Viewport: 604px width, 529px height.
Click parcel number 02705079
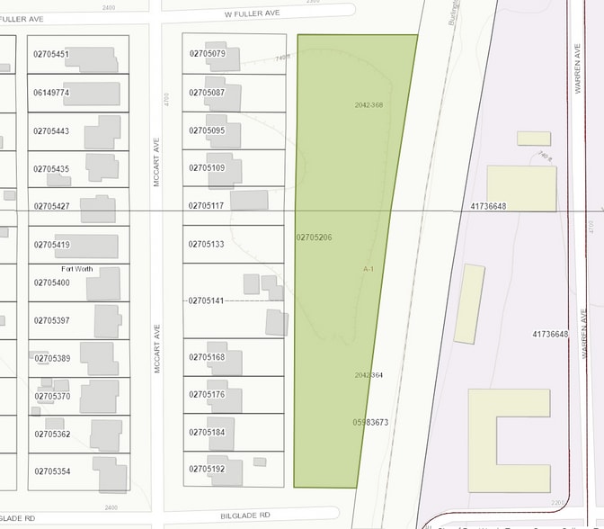[207, 54]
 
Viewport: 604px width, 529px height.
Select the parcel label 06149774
[51, 93]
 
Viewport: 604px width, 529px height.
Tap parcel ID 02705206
[314, 238]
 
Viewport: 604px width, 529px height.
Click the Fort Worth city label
[76, 269]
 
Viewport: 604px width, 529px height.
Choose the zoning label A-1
[369, 269]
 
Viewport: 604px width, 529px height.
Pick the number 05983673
[370, 422]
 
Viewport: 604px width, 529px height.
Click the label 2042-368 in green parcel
[369, 105]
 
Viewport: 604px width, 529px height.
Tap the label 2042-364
[369, 375]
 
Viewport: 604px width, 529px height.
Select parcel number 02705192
[207, 469]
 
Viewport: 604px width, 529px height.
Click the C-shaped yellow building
[509, 441]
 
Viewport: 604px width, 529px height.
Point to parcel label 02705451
[51, 55]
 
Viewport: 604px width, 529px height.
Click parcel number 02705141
[207, 300]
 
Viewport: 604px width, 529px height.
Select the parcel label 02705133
[207, 245]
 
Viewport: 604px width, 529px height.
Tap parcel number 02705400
[51, 282]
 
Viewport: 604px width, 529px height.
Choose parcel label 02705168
[207, 357]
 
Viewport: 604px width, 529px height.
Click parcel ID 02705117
[207, 206]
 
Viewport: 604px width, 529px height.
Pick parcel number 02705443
[51, 131]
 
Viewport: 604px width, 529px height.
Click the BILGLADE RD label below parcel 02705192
[245, 516]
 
